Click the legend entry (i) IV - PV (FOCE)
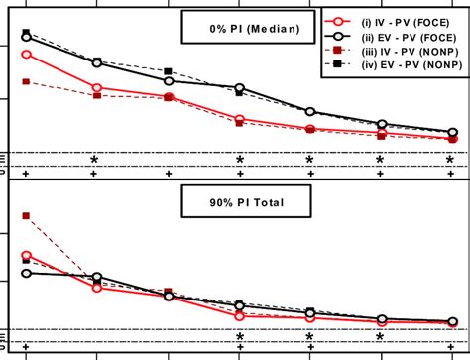click(407, 20)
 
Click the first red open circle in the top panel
click(26, 54)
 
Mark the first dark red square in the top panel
click(26, 81)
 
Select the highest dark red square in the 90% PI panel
click(26, 215)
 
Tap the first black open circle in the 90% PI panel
click(26, 273)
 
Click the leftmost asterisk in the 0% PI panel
click(95, 160)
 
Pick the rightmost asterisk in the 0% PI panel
click(451, 160)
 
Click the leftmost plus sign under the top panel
click(26, 174)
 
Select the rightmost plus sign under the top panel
click(451, 174)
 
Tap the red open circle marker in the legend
click(341, 20)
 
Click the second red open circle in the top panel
click(96, 87)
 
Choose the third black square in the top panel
click(169, 71)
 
